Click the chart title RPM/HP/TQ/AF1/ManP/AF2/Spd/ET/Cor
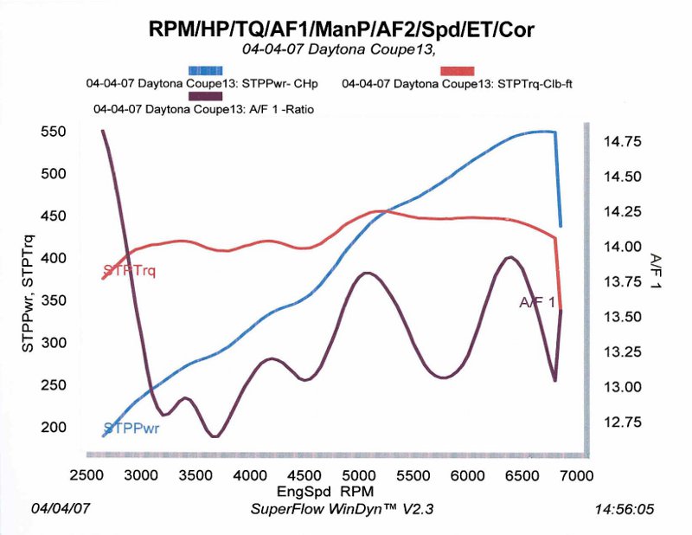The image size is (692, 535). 341,29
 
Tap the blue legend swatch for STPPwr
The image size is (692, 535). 205,71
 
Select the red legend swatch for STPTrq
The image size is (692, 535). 458,71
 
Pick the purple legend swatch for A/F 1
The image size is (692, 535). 205,96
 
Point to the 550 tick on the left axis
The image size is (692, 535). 54,132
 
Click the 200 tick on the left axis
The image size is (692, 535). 54,427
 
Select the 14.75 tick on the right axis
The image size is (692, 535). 622,142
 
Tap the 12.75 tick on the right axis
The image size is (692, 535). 622,422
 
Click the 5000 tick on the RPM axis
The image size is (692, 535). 358,475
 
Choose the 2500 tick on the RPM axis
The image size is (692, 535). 87,475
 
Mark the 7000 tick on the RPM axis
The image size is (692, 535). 576,475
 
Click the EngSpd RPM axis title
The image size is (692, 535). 325,491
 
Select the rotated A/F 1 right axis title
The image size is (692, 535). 656,271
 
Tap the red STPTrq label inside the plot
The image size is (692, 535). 129,270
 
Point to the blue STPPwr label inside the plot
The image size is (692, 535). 131,429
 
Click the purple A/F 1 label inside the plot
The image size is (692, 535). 536,302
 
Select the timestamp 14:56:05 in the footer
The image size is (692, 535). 624,509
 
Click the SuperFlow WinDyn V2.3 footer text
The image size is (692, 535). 342,509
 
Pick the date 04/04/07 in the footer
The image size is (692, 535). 60,508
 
